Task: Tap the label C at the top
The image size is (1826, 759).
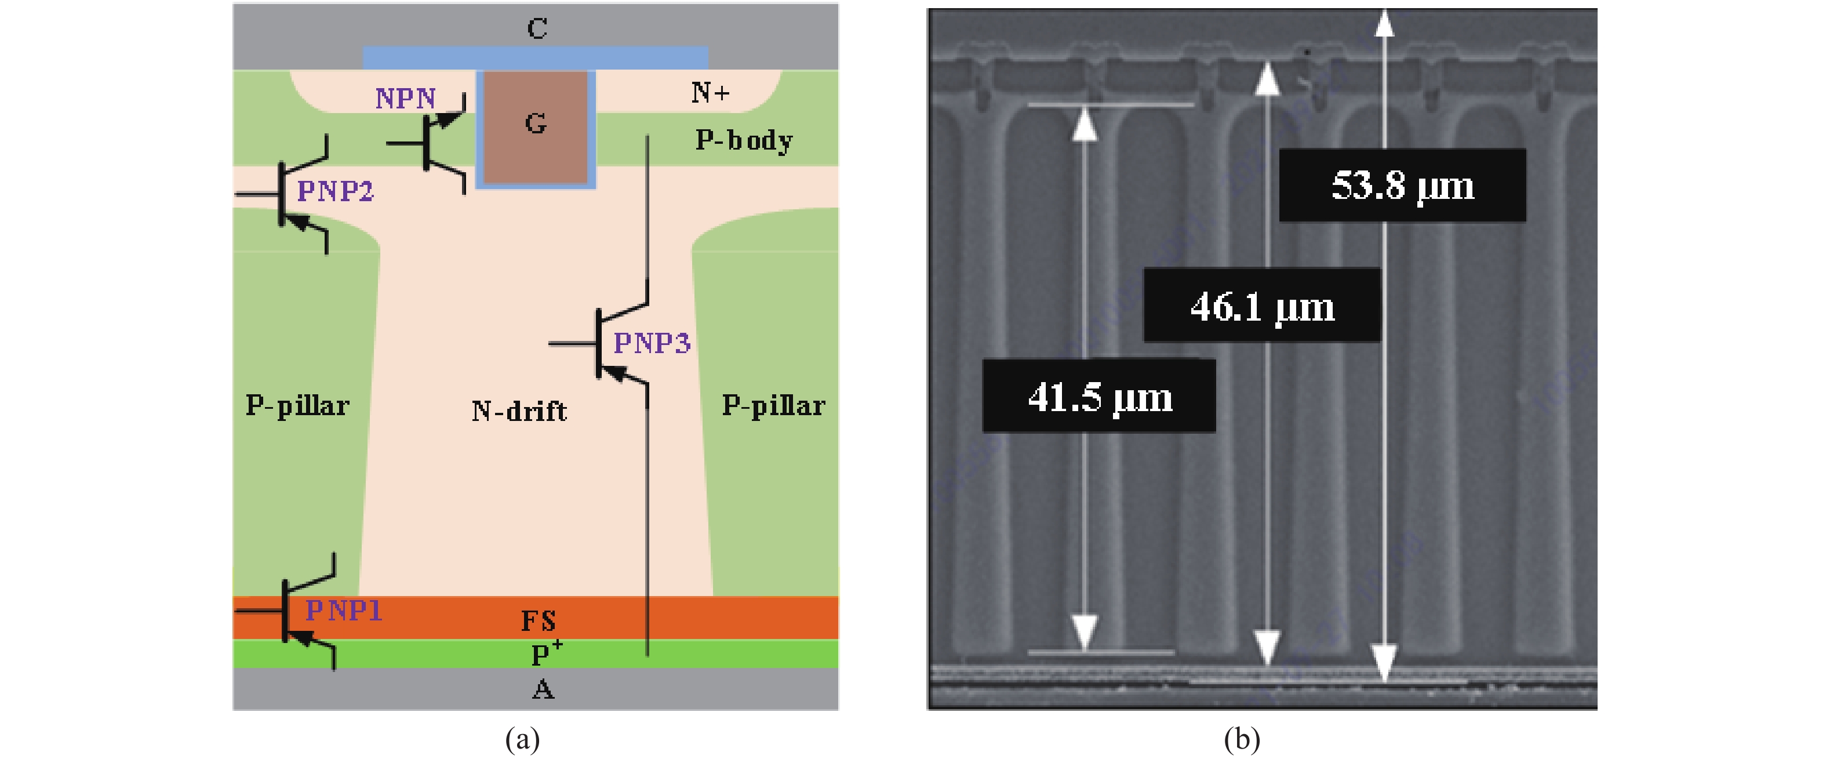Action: (x=537, y=28)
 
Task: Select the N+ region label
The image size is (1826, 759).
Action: (x=710, y=92)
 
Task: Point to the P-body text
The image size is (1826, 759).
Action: (x=744, y=140)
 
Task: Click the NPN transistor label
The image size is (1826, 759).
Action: (x=405, y=99)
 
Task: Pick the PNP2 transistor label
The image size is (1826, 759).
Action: (x=334, y=191)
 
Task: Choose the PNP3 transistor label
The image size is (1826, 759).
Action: (x=652, y=343)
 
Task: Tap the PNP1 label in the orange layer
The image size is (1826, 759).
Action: (x=344, y=610)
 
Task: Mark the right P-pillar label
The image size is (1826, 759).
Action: (x=773, y=406)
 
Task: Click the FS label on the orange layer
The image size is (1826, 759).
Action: (x=538, y=622)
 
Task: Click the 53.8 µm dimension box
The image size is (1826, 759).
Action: (x=1402, y=186)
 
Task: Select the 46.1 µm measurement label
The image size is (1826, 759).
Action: (x=1262, y=306)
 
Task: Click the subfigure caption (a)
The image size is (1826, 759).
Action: (x=522, y=739)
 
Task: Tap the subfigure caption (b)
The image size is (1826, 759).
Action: (x=1242, y=739)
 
